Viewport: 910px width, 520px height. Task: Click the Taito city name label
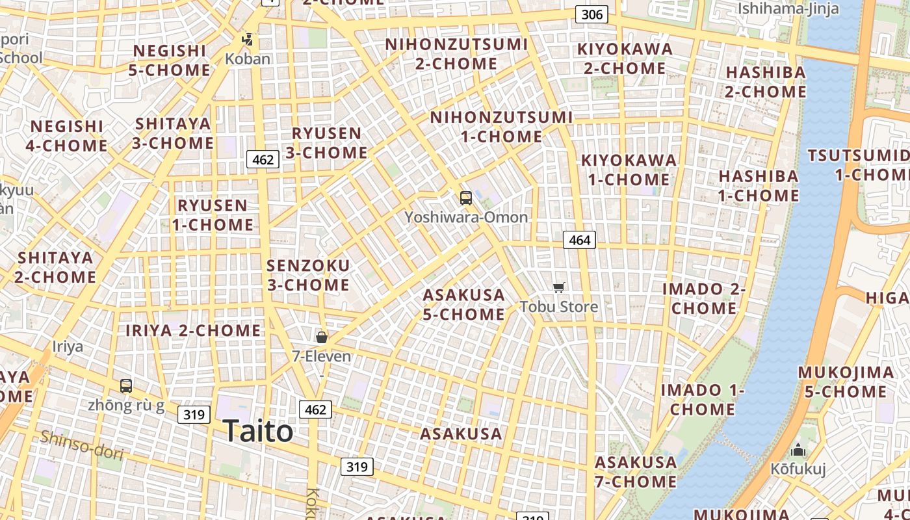click(257, 432)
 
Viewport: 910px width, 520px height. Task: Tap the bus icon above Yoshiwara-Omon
click(465, 198)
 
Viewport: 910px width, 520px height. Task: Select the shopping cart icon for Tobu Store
click(558, 287)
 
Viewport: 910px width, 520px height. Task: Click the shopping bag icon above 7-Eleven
click(321, 337)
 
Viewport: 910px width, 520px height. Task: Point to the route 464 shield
click(579, 240)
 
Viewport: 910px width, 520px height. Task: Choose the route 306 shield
click(591, 14)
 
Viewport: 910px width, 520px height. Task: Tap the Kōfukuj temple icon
click(798, 450)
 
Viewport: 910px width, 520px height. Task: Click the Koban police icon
click(247, 40)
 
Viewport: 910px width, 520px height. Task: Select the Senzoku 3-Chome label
click(308, 275)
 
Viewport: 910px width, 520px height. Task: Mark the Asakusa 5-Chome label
click(463, 304)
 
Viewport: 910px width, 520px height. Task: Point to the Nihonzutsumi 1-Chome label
click(501, 127)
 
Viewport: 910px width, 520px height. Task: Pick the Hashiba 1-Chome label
click(758, 186)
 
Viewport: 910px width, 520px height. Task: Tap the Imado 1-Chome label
click(702, 399)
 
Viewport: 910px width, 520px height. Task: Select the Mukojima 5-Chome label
click(846, 382)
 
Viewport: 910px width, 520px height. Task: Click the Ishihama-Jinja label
click(788, 8)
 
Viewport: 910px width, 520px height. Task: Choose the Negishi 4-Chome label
click(66, 135)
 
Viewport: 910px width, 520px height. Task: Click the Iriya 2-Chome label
click(193, 330)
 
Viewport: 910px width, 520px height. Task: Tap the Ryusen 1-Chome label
click(213, 215)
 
